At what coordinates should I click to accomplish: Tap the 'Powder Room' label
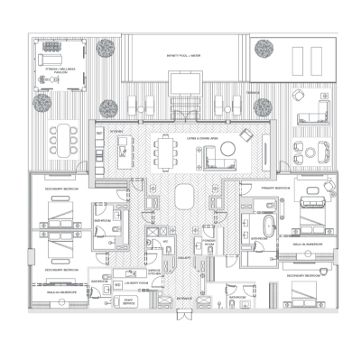[x=208, y=244]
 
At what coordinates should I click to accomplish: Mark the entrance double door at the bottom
[x=185, y=317]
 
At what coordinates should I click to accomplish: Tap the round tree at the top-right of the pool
[x=264, y=49]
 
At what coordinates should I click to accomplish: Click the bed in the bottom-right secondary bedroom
[x=306, y=295]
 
